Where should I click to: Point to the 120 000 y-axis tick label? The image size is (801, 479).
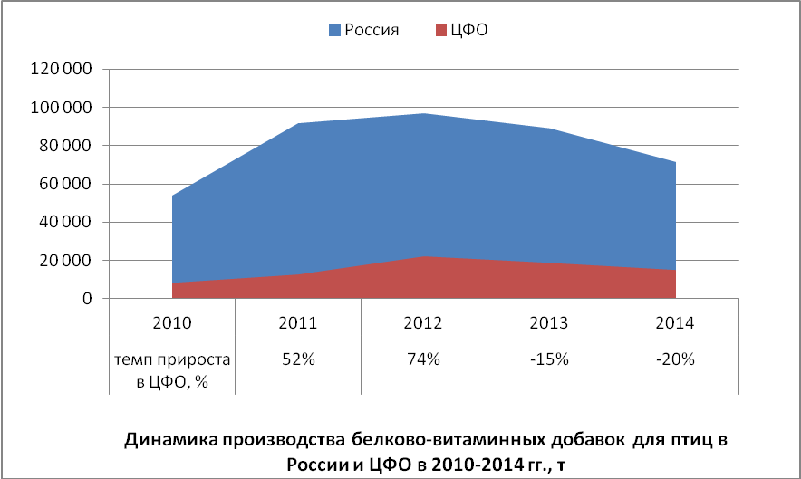pyautogui.click(x=63, y=69)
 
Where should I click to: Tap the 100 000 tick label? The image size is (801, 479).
pyautogui.click(x=63, y=108)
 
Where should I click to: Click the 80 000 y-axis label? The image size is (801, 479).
pyautogui.click(x=66, y=146)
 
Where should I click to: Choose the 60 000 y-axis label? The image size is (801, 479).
pyautogui.click(x=66, y=185)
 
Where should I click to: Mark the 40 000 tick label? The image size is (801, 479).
pyautogui.click(x=66, y=223)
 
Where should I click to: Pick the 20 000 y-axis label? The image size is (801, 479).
pyautogui.click(x=66, y=261)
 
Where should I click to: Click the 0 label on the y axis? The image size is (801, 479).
pyautogui.click(x=88, y=299)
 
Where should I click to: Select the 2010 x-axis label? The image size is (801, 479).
pyautogui.click(x=172, y=322)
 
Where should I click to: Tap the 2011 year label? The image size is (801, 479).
pyautogui.click(x=298, y=322)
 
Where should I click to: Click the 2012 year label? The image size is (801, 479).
pyautogui.click(x=424, y=322)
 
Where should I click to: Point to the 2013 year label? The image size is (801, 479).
pyautogui.click(x=550, y=322)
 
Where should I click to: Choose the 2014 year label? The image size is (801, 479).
pyautogui.click(x=676, y=322)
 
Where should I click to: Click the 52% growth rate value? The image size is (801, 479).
pyautogui.click(x=298, y=359)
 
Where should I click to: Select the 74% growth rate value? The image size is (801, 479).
pyautogui.click(x=424, y=359)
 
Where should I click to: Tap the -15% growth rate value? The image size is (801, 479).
pyautogui.click(x=550, y=359)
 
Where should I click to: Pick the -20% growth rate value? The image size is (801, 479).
pyautogui.click(x=676, y=359)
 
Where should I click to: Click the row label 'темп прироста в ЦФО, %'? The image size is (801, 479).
pyautogui.click(x=172, y=370)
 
